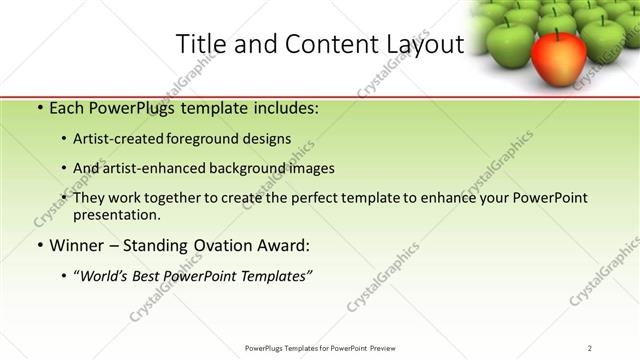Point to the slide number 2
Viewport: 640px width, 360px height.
pyautogui.click(x=590, y=347)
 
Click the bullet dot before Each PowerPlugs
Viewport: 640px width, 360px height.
pyautogui.click(x=38, y=107)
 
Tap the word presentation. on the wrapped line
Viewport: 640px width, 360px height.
pyautogui.click(x=117, y=214)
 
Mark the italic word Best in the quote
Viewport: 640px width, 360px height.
pyautogui.click(x=153, y=276)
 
